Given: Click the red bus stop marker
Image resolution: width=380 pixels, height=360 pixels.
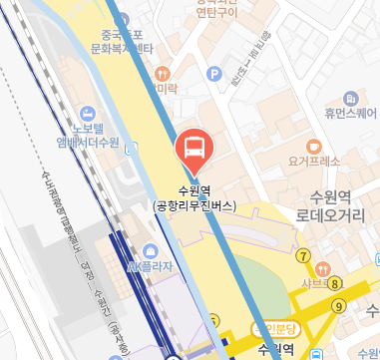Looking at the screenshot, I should click(x=194, y=150).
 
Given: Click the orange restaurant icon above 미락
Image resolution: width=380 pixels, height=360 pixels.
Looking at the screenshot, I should click(x=162, y=72).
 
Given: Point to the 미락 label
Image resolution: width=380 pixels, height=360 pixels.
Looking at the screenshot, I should click(x=163, y=89).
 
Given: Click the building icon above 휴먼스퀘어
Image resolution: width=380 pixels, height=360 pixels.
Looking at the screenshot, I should click(x=350, y=99).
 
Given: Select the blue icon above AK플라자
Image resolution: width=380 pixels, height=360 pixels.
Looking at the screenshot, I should click(x=150, y=249).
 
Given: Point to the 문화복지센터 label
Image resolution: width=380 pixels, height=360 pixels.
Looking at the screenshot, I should click(x=116, y=48).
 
